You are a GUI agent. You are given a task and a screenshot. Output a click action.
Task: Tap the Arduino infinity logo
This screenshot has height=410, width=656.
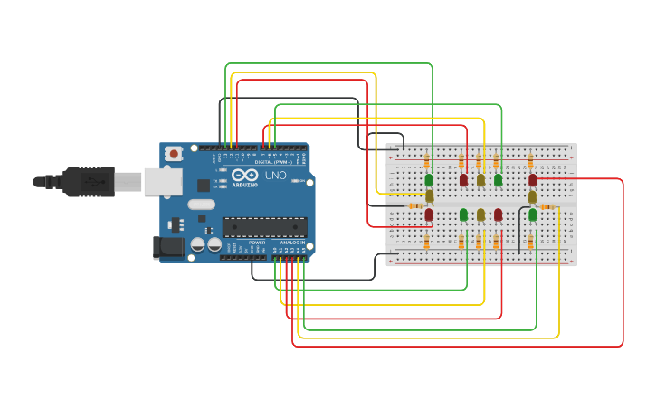pos(245,175)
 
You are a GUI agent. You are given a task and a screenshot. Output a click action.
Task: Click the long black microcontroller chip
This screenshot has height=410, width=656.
pos(264,227)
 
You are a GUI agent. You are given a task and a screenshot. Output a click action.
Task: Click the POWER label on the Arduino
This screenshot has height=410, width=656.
pos(257,243)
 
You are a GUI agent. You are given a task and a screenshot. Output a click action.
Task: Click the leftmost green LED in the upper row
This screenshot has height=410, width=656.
pos(429,180)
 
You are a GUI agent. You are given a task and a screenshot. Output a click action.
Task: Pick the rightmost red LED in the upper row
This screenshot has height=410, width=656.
pos(532,180)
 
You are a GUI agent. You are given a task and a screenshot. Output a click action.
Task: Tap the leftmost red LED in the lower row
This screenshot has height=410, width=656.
pos(429,215)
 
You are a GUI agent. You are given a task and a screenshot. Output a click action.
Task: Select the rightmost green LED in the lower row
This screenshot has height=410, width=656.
pos(533,215)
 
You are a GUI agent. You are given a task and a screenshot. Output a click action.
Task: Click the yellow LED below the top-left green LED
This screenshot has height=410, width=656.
pos(430,195)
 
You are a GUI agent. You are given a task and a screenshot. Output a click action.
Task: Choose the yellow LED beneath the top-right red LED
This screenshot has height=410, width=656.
pos(532,195)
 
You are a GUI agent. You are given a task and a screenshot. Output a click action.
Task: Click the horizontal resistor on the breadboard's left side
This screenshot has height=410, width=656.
pos(415,206)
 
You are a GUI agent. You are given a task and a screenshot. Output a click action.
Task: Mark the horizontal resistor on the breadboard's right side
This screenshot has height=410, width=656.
pos(547,206)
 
